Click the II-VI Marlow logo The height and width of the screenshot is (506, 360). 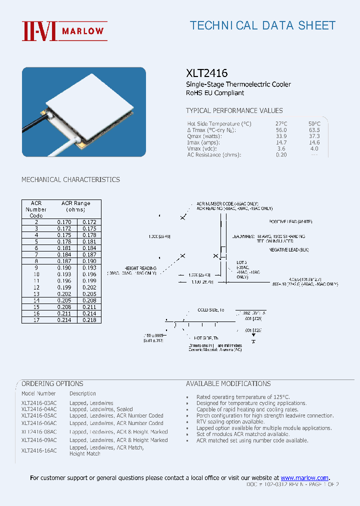64,30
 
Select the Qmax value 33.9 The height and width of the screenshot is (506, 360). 281,136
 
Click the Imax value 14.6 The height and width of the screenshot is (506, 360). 314,142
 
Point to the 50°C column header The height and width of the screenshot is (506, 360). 314,123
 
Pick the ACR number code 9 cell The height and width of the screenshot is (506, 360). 36,267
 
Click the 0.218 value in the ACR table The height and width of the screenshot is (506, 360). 89,320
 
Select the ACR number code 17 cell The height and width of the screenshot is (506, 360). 36,320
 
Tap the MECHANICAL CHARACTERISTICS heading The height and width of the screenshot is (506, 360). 70,179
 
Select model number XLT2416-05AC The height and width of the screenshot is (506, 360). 39,416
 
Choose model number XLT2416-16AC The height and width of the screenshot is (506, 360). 39,450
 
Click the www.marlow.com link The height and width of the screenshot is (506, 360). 304,478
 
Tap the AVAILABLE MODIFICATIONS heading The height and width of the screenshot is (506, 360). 228,384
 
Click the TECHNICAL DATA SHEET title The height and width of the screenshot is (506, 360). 262,25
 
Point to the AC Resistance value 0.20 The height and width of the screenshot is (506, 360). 281,155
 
